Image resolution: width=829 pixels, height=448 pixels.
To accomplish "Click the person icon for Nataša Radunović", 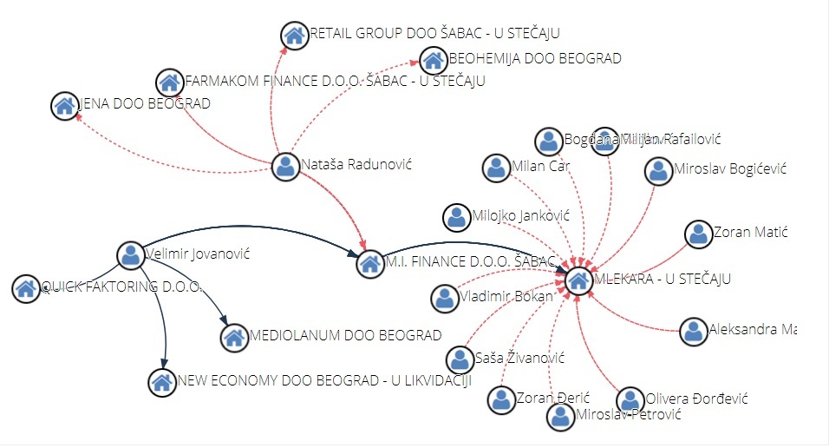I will point(285,166).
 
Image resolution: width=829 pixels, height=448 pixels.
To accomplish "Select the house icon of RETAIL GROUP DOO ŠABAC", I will point(295,35).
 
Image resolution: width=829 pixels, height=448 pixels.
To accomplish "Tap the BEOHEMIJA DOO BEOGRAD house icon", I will point(433,60).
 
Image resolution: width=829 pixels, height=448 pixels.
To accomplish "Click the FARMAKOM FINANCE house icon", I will point(169,82).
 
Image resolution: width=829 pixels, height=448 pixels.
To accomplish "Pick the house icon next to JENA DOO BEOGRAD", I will point(64,106).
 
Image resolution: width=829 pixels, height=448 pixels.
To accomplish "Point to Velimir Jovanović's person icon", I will point(131,255).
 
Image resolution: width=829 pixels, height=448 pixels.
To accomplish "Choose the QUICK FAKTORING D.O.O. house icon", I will point(25,287).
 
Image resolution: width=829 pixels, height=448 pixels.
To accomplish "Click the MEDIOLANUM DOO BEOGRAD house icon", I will point(233,337).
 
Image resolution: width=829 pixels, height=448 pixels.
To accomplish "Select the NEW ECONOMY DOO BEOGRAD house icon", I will point(161,381).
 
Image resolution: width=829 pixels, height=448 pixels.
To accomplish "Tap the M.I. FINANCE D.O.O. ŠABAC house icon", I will point(370,263).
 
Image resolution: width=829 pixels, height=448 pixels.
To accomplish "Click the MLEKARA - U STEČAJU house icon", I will point(578,280).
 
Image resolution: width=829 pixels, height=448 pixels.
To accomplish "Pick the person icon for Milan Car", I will point(497,168).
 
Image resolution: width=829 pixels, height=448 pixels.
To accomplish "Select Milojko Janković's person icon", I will point(457,217).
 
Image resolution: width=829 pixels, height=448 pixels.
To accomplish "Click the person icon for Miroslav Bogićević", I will point(659,171).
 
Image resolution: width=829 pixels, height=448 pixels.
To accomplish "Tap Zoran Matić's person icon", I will point(698,234).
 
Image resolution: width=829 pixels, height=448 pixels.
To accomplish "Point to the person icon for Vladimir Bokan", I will point(445,299).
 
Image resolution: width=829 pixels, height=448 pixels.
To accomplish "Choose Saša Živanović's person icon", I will point(460,359).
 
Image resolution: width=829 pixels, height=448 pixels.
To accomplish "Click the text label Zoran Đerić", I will point(541,399).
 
